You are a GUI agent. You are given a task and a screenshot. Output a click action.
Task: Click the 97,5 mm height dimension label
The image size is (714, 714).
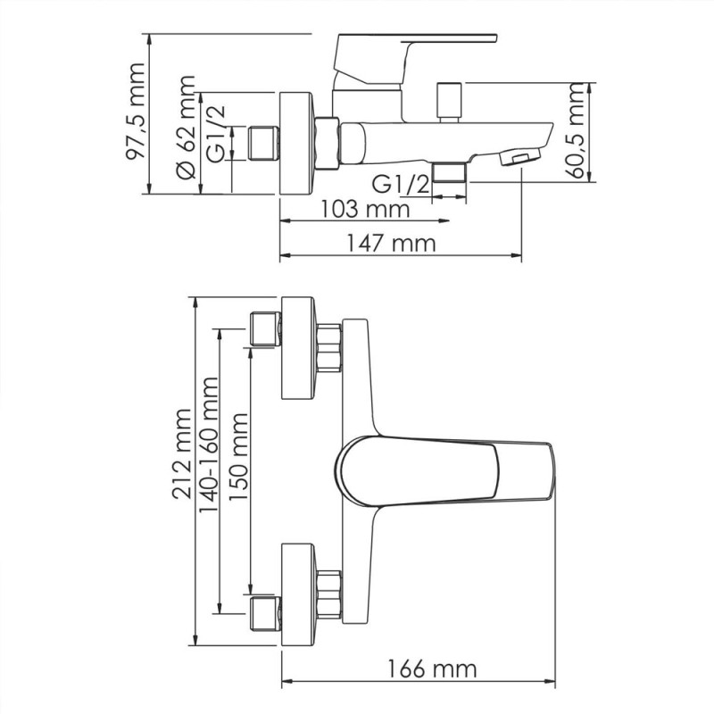click(x=134, y=112)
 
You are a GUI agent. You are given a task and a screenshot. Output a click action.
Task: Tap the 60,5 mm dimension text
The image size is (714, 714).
click(x=578, y=131)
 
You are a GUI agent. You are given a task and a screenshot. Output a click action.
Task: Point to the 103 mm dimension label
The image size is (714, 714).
click(x=365, y=210)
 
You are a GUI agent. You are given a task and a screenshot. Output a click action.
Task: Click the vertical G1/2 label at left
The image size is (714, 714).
click(x=216, y=132)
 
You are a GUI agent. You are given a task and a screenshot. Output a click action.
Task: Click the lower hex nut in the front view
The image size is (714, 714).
click(x=329, y=594)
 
